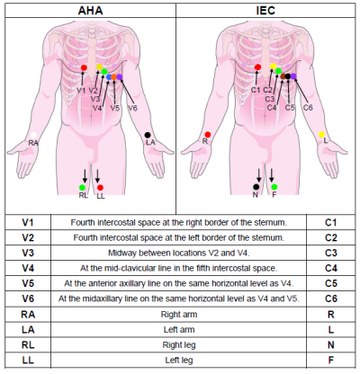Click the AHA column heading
pos(90,11)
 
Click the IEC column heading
pos(265,11)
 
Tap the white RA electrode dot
pos(34,136)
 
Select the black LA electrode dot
pos(148,135)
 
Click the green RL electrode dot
pos(82,188)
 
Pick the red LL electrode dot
pos(101,188)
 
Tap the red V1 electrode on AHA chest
pos(84,68)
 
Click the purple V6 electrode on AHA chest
pos(120,77)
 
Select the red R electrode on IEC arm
pos(208,135)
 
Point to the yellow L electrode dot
pos(321,134)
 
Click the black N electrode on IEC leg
pos(256,187)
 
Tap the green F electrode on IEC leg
pos(274,187)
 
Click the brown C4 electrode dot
pos(283,76)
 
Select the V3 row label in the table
pos(28,253)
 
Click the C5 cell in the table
pos(331,283)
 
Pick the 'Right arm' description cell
pos(179,315)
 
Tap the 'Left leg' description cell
pos(179,360)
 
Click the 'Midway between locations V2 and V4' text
pos(179,253)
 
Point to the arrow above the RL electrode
pos(85,176)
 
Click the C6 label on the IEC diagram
pos(308,108)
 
